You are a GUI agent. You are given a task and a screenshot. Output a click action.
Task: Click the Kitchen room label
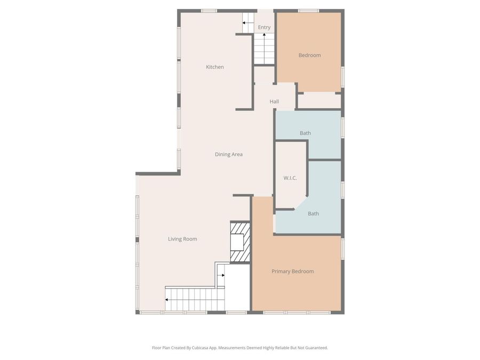pyautogui.click(x=215, y=67)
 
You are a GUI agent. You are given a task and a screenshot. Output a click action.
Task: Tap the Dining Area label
pyautogui.click(x=229, y=155)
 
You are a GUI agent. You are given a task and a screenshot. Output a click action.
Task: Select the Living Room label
pyautogui.click(x=182, y=239)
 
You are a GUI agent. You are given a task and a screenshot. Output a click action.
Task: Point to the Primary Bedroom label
pyautogui.click(x=292, y=271)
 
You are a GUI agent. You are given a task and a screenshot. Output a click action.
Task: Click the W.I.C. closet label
pyautogui.click(x=290, y=178)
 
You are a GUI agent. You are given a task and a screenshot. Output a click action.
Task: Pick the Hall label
pyautogui.click(x=274, y=102)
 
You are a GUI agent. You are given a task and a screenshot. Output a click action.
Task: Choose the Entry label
pyautogui.click(x=264, y=27)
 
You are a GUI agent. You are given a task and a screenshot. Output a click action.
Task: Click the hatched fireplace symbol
pyautogui.click(x=240, y=242)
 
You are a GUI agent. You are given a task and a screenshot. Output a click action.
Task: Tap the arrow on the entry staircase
pyautogui.click(x=264, y=36)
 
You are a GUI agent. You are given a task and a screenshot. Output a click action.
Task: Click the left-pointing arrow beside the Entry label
pyautogui.click(x=245, y=23)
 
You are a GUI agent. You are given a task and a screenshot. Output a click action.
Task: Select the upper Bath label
pyautogui.click(x=305, y=133)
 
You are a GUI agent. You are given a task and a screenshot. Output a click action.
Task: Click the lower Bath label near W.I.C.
pyautogui.click(x=313, y=214)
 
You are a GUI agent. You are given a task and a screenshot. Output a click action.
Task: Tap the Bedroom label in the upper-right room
pyautogui.click(x=309, y=55)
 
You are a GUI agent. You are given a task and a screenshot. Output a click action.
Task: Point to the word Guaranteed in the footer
pyautogui.click(x=315, y=348)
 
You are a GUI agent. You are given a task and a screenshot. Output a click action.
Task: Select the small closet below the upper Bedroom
pyautogui.click(x=319, y=100)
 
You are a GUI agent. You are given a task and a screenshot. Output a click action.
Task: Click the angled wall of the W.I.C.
pyautogui.click(x=300, y=203)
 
